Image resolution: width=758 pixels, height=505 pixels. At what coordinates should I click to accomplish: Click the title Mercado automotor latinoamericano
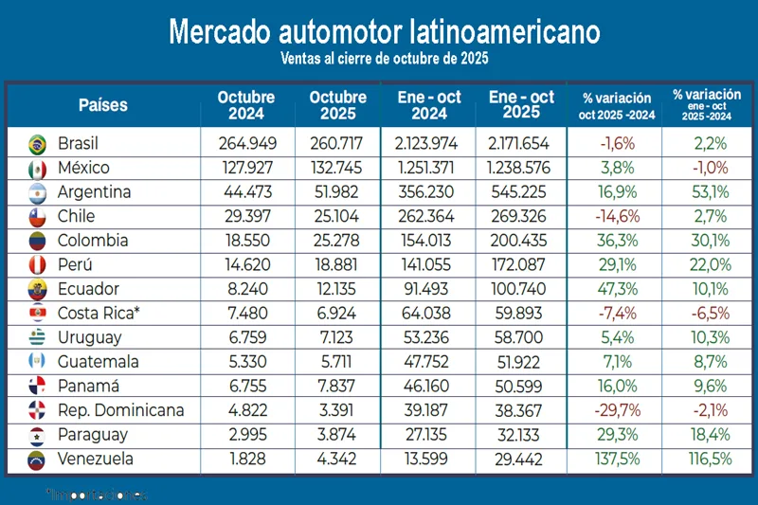(384, 30)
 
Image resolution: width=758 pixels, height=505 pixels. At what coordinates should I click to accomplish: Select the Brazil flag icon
(37, 144)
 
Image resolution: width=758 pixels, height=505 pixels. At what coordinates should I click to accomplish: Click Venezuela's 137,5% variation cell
(611, 460)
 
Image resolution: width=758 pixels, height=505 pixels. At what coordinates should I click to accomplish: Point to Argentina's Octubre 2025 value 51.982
(337, 192)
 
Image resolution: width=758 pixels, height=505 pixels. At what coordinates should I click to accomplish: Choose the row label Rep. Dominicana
(120, 411)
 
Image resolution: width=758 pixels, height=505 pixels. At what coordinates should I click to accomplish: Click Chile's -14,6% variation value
(611, 216)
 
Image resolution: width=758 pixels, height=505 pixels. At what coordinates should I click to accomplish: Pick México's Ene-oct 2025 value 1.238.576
(521, 169)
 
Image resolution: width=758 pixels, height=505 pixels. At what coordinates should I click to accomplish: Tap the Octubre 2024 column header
(245, 106)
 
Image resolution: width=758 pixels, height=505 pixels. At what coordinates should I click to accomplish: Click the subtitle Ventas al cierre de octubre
(384, 59)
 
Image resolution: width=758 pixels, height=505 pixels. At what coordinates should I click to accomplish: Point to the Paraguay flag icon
(37, 436)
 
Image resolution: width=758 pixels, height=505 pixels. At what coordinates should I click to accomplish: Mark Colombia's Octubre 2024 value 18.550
(245, 241)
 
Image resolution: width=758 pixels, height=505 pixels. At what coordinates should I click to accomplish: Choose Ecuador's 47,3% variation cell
(611, 289)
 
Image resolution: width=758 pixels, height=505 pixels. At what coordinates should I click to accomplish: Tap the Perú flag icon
(37, 265)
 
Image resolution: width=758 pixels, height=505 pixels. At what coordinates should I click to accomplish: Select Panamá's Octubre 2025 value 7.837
(337, 387)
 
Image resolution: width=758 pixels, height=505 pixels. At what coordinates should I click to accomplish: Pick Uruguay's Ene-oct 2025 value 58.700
(521, 337)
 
